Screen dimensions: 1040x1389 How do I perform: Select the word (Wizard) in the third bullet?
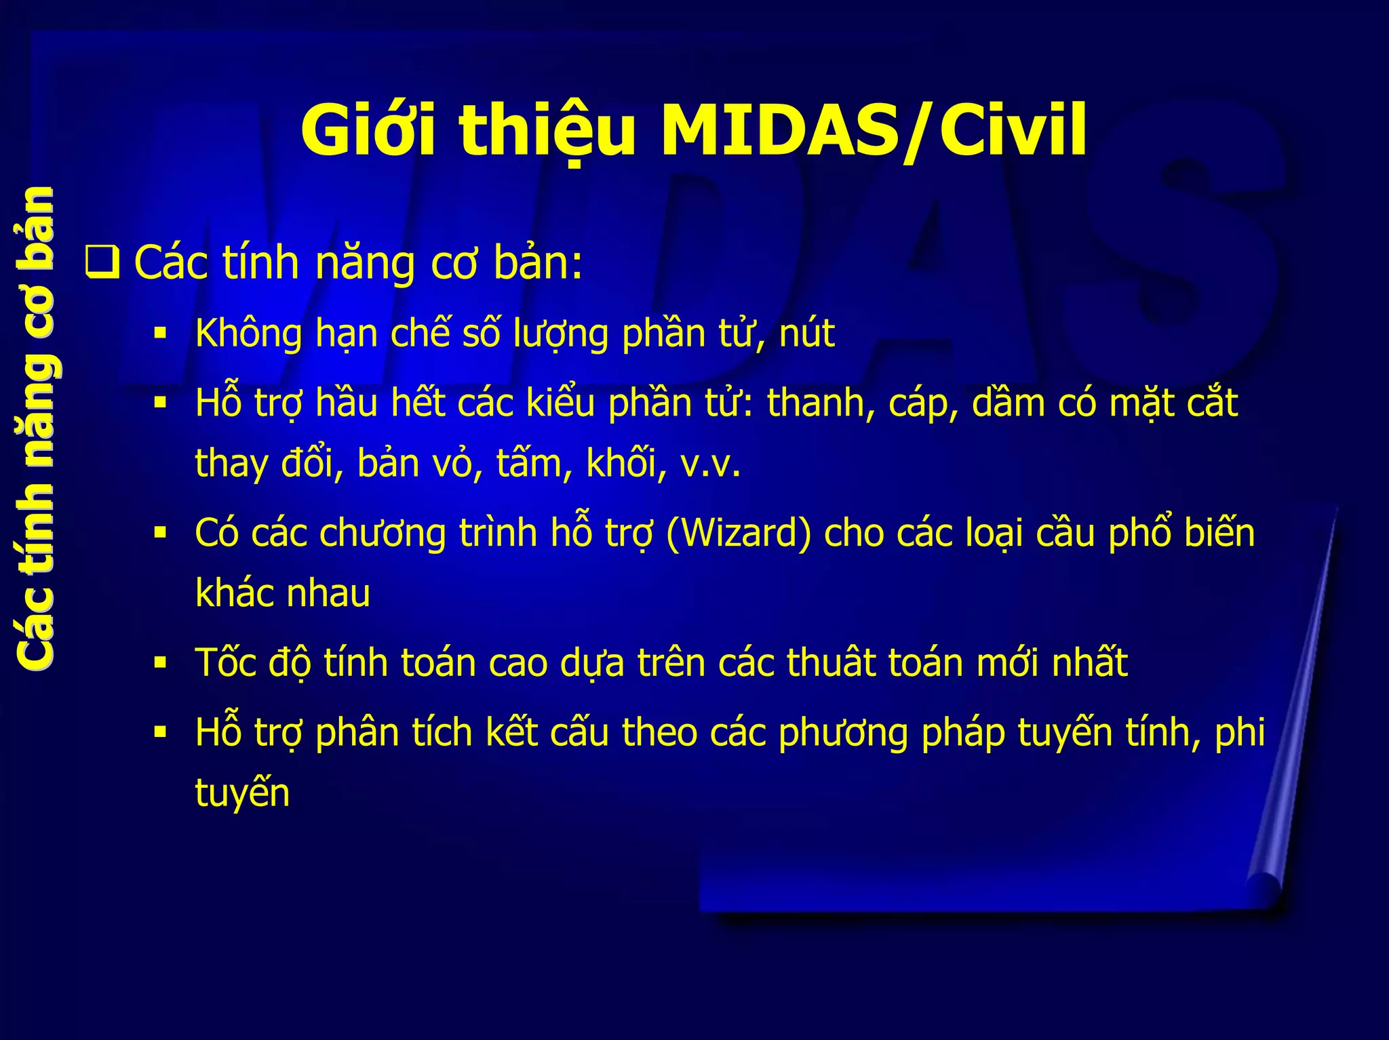click(x=739, y=533)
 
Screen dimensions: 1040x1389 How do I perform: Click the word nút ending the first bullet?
click(x=806, y=334)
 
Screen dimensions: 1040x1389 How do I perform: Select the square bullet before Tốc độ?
click(x=160, y=662)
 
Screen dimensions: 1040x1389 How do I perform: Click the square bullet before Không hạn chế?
click(x=160, y=334)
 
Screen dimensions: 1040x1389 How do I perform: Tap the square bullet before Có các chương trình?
click(x=160, y=533)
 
